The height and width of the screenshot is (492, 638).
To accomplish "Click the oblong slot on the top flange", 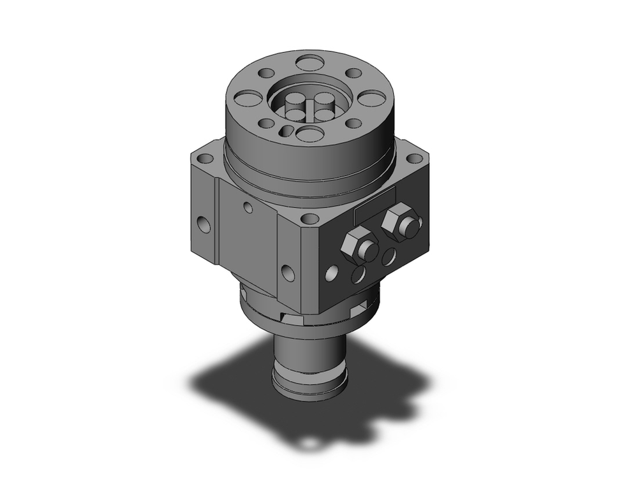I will [288, 131].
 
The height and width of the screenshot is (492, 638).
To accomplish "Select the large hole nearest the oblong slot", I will [311, 134].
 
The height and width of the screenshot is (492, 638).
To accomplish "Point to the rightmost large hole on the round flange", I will [373, 98].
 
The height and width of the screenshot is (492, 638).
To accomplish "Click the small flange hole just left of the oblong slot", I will [267, 123].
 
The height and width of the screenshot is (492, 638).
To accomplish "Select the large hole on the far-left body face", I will [204, 224].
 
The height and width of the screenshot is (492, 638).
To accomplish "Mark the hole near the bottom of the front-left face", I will [287, 273].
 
